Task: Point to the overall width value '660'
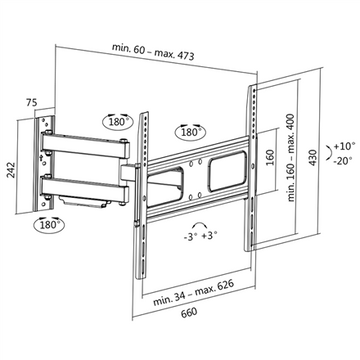coord(178,337)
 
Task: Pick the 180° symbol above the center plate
coord(189,131)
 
